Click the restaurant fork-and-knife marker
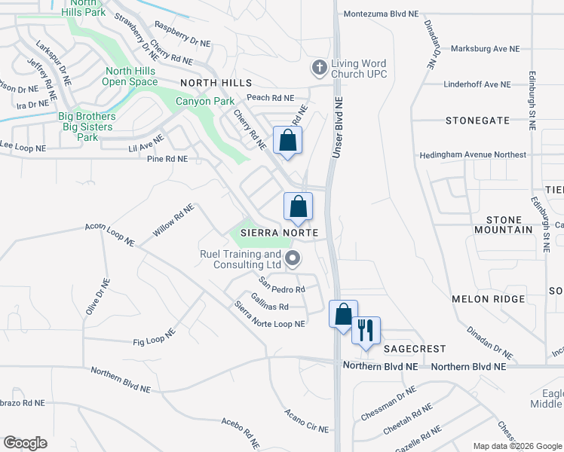point(366,330)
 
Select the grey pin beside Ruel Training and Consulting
point(293,260)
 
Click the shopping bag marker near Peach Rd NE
point(287,140)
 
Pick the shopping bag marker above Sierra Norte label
point(298,206)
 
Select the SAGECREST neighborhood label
point(415,349)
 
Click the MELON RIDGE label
point(488,299)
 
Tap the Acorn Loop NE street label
point(110,235)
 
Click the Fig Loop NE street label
point(154,337)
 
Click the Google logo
point(25,443)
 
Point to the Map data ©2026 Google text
point(517,446)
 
